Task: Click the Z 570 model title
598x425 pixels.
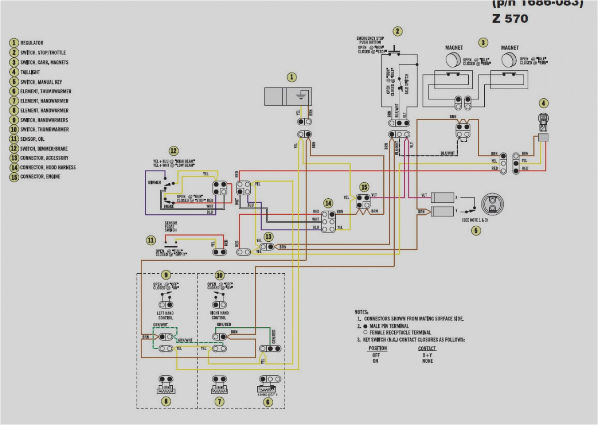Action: (x=510, y=19)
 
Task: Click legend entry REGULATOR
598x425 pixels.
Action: (x=32, y=43)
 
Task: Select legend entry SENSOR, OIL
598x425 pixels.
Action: (x=32, y=139)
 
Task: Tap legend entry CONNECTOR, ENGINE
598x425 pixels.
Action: (x=40, y=177)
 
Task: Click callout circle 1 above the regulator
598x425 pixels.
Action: (x=291, y=77)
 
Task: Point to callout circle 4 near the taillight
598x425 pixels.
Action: (x=543, y=103)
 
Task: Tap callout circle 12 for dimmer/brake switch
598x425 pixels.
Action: (x=173, y=151)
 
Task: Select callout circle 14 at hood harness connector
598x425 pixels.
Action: (x=328, y=203)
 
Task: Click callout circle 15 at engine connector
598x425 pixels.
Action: (x=364, y=187)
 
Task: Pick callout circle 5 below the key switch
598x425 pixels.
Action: (x=476, y=231)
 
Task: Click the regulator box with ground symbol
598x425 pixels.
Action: (x=288, y=97)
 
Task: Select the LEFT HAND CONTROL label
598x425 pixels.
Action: (x=165, y=315)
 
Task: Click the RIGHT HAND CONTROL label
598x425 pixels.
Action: (x=219, y=315)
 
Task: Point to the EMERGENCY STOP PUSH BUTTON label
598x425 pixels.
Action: (x=370, y=40)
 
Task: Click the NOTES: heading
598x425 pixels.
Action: (x=361, y=312)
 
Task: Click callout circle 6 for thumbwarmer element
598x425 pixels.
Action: (x=268, y=402)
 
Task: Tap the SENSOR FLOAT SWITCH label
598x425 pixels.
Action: (x=171, y=227)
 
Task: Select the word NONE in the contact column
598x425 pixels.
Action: (x=428, y=361)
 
